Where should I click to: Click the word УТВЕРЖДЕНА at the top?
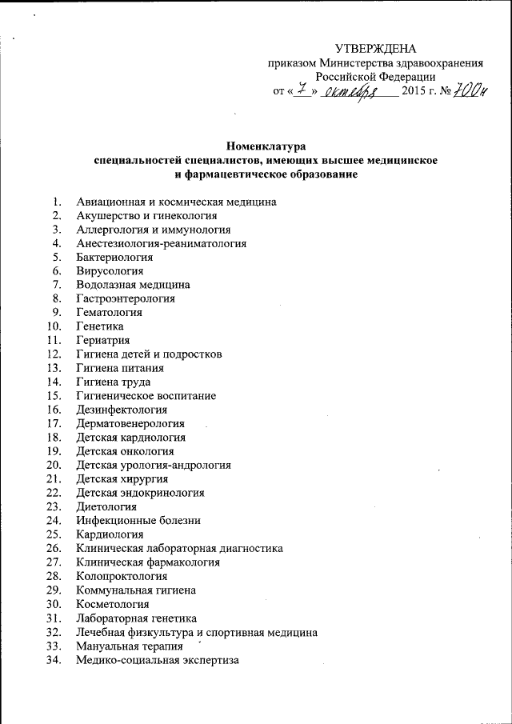click(375, 50)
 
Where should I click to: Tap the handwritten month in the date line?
click(353, 94)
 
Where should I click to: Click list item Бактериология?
click(115, 257)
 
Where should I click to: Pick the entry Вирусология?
click(110, 271)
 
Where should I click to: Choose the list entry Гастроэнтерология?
click(126, 298)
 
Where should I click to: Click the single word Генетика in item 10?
click(100, 326)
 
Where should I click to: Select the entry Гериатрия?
click(103, 341)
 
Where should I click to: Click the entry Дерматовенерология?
click(130, 423)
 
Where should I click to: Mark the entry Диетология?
click(106, 506)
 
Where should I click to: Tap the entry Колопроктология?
click(122, 576)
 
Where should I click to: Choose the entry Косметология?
click(113, 604)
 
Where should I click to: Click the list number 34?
click(54, 660)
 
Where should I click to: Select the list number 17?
click(54, 423)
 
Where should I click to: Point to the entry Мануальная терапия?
click(129, 646)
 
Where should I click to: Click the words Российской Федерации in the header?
click(375, 78)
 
